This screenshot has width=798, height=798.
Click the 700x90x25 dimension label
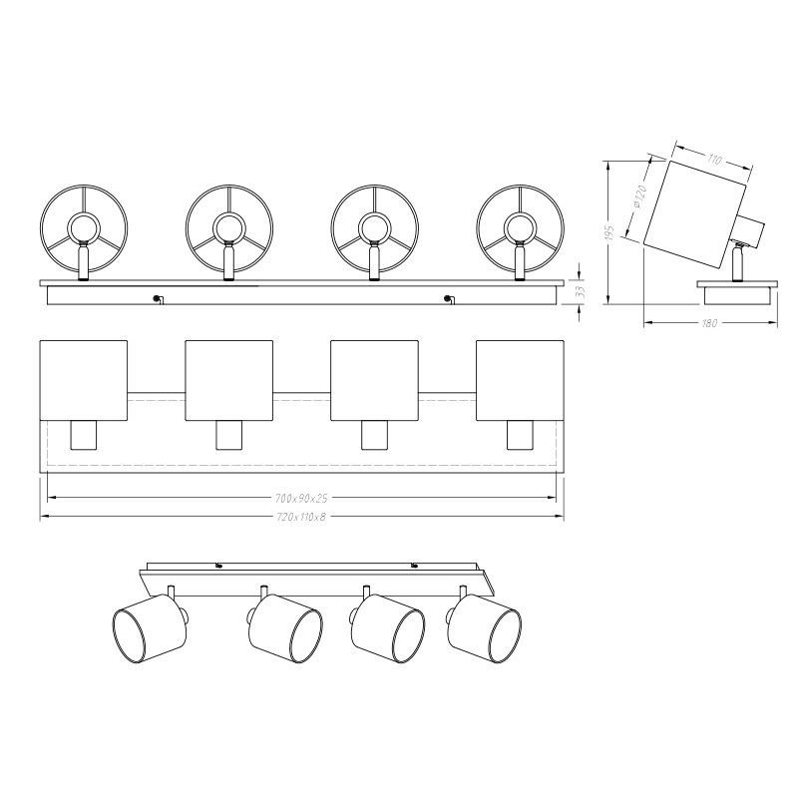click(x=301, y=498)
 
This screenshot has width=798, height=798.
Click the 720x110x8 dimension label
click(x=301, y=517)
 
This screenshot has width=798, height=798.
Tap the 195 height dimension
click(x=610, y=231)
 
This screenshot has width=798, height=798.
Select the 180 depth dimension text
click(x=709, y=323)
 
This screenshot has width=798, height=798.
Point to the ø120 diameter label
click(x=639, y=196)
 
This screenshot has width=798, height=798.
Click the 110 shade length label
click(x=714, y=160)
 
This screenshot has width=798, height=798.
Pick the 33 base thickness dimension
click(x=581, y=291)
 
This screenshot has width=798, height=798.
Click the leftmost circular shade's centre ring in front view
click(x=83, y=227)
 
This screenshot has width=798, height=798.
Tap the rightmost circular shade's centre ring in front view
click(x=520, y=227)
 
